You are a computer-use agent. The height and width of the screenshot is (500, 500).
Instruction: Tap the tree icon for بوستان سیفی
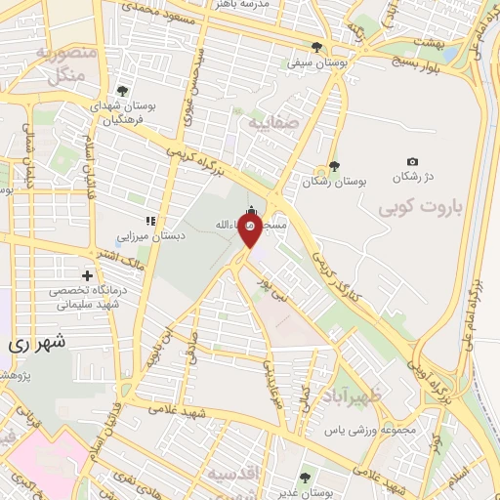click(316, 46)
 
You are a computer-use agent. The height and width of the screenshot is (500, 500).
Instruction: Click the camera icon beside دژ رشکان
click(412, 162)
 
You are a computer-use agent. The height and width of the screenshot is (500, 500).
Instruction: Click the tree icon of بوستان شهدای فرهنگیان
click(121, 91)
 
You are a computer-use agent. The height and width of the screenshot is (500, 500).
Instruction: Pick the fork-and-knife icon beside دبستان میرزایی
click(149, 221)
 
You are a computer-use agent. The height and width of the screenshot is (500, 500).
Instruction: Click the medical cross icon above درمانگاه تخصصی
click(89, 277)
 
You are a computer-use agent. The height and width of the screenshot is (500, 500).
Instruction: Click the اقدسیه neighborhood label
click(232, 473)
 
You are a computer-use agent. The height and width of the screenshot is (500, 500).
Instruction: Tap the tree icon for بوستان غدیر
click(305, 477)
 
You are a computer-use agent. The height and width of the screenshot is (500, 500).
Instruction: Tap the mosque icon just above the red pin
click(252, 210)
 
